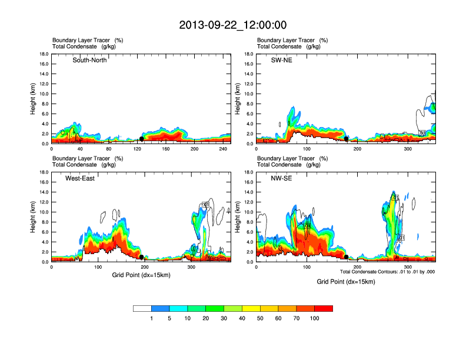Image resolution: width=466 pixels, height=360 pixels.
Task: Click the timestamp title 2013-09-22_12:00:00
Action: tap(233, 25)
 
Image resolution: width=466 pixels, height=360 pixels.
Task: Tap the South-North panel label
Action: tap(89, 60)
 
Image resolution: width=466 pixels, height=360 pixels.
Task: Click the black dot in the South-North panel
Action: tap(142, 139)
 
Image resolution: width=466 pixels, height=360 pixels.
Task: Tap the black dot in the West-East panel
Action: tap(142, 257)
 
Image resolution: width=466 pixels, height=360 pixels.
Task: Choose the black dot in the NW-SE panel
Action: tap(346, 257)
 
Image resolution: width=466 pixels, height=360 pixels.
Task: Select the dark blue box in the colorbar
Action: tap(160, 308)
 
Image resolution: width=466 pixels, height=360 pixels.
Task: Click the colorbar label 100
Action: tap(315, 318)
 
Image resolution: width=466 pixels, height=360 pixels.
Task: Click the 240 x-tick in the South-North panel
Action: tap(221, 149)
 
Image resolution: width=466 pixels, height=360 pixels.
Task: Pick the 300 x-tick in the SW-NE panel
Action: tap(408, 149)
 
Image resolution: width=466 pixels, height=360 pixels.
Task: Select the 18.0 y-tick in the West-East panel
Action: tap(44, 172)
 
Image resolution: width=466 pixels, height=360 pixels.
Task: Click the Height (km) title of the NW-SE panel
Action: tap(238, 217)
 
